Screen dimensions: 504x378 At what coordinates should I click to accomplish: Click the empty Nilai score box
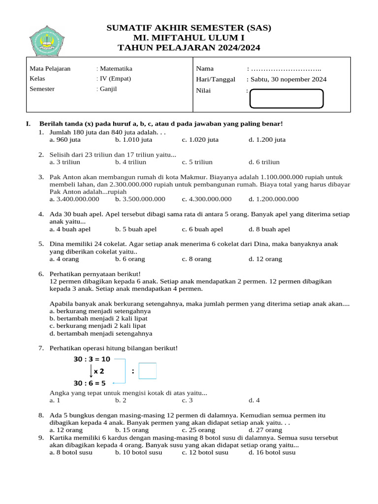[x=286, y=98]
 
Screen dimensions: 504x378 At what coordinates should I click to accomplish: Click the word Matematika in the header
[x=116, y=69]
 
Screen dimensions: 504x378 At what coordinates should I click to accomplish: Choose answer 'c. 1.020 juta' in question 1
[x=200, y=140]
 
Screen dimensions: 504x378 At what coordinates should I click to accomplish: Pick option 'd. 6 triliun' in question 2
[x=264, y=162]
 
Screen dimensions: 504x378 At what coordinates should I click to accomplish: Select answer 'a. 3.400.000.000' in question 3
[x=74, y=199]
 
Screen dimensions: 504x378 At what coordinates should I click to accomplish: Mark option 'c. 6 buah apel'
[x=202, y=229]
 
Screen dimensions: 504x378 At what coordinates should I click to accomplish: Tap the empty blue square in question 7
[x=148, y=371]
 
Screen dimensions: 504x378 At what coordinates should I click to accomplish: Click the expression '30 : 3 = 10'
[x=92, y=360]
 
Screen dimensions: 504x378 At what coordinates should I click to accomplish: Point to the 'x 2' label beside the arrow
[x=99, y=371]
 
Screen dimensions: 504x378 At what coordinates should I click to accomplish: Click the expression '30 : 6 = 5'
[x=90, y=383]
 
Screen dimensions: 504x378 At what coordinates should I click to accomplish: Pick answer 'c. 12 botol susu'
[x=205, y=453]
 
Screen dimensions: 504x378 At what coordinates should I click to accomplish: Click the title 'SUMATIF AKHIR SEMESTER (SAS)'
[x=189, y=28]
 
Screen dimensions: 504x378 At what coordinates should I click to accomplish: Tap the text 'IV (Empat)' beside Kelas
[x=115, y=79]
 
